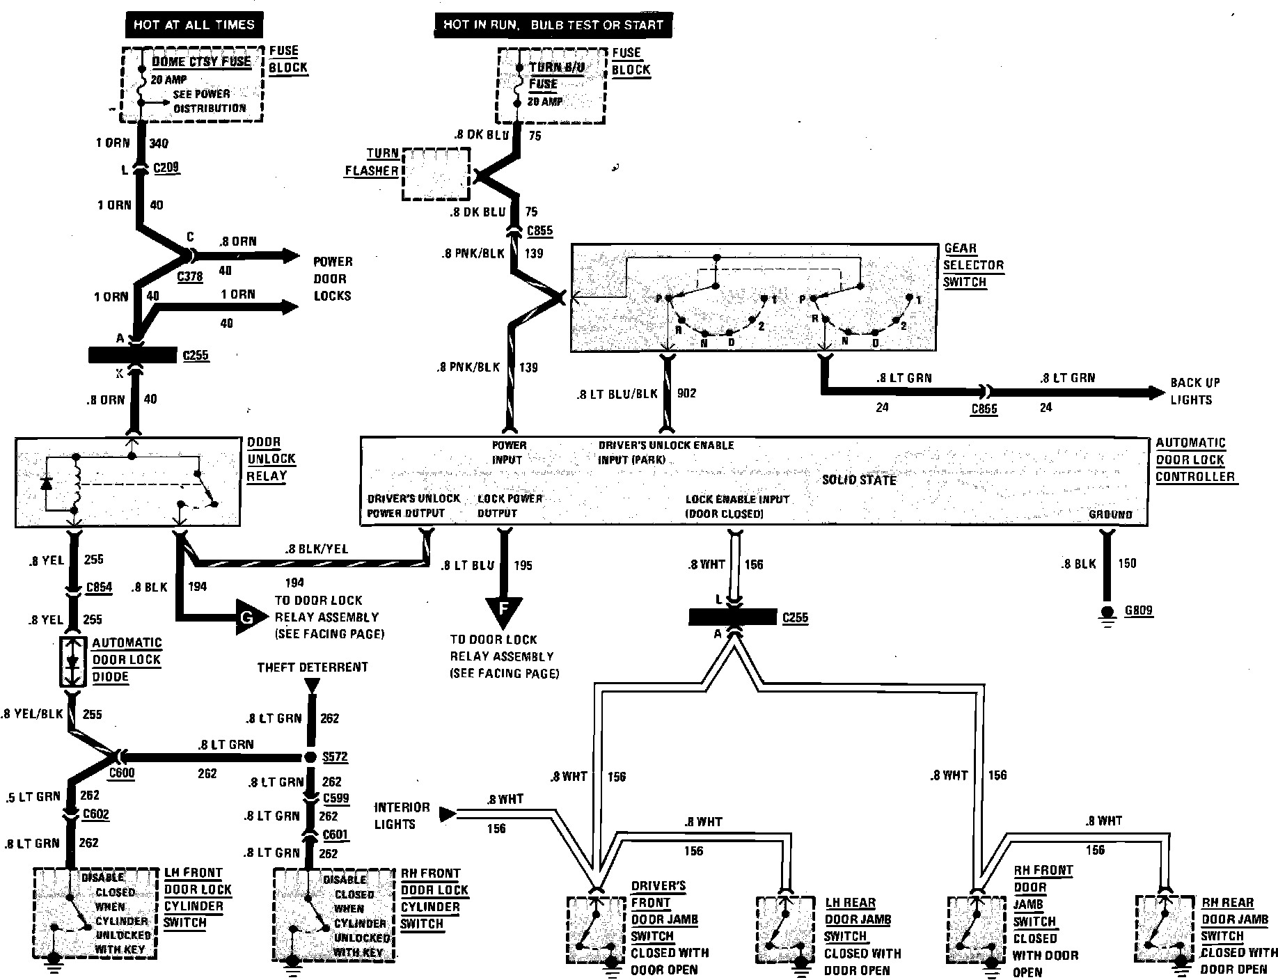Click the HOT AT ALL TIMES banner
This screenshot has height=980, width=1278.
194,25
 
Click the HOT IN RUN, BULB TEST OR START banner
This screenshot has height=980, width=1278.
553,26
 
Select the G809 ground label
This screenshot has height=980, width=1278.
1139,610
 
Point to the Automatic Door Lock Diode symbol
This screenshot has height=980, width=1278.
74,661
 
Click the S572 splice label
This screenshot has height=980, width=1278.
335,757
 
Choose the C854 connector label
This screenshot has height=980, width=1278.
99,588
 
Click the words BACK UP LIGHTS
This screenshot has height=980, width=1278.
1194,391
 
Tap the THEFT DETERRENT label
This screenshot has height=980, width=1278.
313,667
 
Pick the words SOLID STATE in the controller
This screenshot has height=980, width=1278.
859,480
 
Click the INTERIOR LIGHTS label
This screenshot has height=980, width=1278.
402,816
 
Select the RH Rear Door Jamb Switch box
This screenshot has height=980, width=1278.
1163,929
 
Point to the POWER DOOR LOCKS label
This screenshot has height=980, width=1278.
333,278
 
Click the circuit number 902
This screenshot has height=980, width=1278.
687,393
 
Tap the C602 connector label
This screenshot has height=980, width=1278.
95,814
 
